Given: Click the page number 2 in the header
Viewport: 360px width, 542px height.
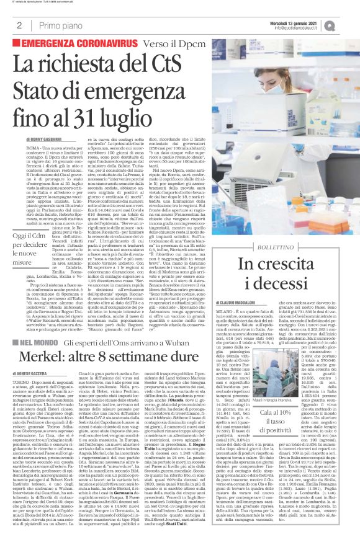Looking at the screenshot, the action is pyautogui.click(x=20, y=25).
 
